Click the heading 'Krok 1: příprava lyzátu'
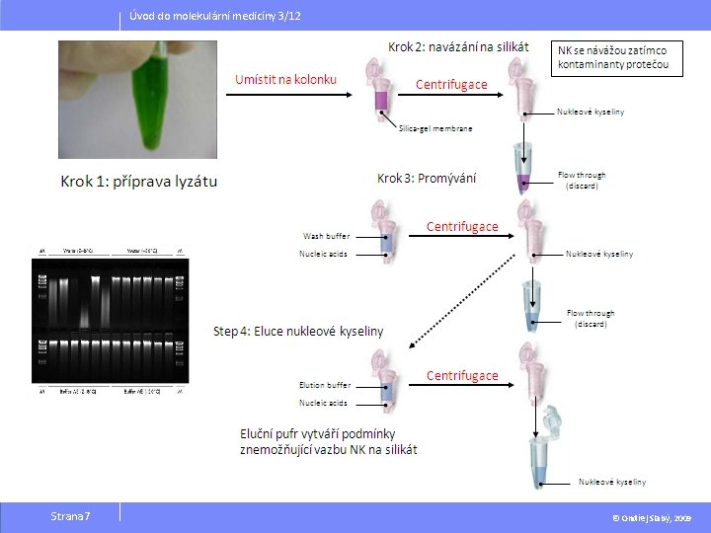(x=139, y=181)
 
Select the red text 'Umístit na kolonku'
(x=285, y=79)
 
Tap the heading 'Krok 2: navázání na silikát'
(x=457, y=46)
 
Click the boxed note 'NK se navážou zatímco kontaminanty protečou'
(x=619, y=57)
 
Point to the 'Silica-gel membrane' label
(x=435, y=128)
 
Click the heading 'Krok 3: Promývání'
(x=427, y=178)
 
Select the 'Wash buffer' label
(x=326, y=236)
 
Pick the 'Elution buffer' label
(x=325, y=385)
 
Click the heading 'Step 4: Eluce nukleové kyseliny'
(x=298, y=331)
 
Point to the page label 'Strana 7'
(x=70, y=516)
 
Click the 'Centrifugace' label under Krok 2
(x=451, y=85)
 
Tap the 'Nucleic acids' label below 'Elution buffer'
(x=324, y=403)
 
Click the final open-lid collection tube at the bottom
(x=544, y=453)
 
